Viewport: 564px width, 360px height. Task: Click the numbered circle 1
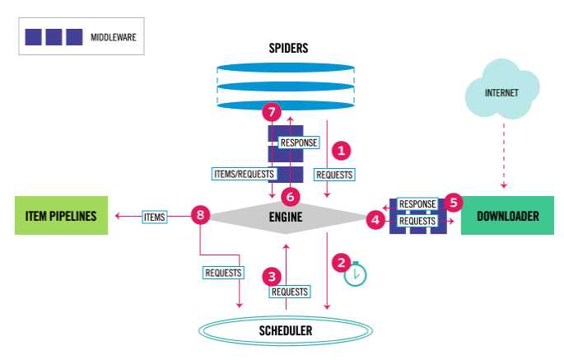341,151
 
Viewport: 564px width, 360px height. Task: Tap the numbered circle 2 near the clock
341,263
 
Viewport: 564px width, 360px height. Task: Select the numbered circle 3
272,277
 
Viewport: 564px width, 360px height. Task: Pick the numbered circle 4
375,219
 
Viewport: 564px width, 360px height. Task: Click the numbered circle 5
453,203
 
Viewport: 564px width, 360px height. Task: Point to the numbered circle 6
291,197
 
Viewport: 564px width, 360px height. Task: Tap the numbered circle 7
272,112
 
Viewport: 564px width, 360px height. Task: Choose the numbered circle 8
200,215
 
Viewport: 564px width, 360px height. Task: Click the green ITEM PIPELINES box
61,215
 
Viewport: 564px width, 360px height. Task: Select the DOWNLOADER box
507,215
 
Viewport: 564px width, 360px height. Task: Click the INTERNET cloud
502,90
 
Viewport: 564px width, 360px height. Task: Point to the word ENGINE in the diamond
286,217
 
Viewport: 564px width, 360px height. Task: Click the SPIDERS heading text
288,49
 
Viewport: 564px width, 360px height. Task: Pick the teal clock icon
356,274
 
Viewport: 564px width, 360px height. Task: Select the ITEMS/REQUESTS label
244,174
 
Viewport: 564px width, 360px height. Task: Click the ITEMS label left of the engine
154,217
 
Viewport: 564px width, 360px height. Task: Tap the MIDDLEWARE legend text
114,37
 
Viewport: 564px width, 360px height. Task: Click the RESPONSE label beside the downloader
417,203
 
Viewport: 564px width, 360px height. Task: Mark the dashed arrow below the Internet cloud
504,156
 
